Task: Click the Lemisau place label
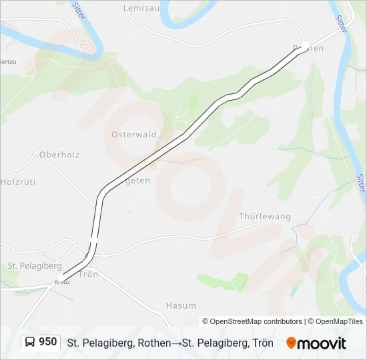(137, 8)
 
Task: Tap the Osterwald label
(133, 134)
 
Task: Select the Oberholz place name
(59, 155)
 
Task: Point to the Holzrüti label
(17, 181)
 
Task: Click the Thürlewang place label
(265, 217)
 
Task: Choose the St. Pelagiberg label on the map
(34, 265)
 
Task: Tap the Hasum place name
(180, 305)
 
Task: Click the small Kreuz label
(62, 282)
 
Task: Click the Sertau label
(8, 61)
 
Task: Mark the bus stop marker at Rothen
(305, 47)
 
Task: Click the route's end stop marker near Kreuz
(60, 277)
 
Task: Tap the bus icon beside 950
(30, 343)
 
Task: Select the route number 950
(48, 342)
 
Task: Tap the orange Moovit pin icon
(291, 343)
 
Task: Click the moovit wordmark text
(322, 343)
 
